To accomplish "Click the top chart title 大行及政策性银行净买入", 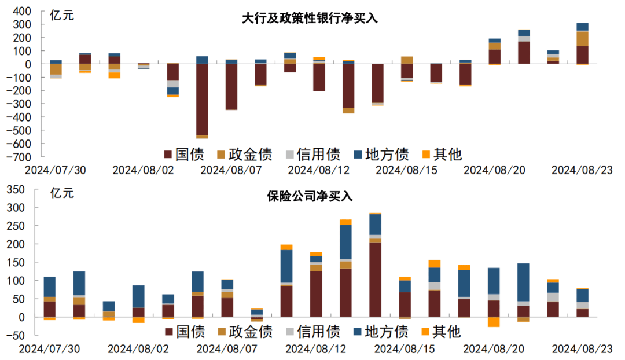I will [x=309, y=18].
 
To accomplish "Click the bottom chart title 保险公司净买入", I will [x=309, y=197].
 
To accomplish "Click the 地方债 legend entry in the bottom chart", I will [x=381, y=332].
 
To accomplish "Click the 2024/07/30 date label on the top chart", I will [x=56, y=170].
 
